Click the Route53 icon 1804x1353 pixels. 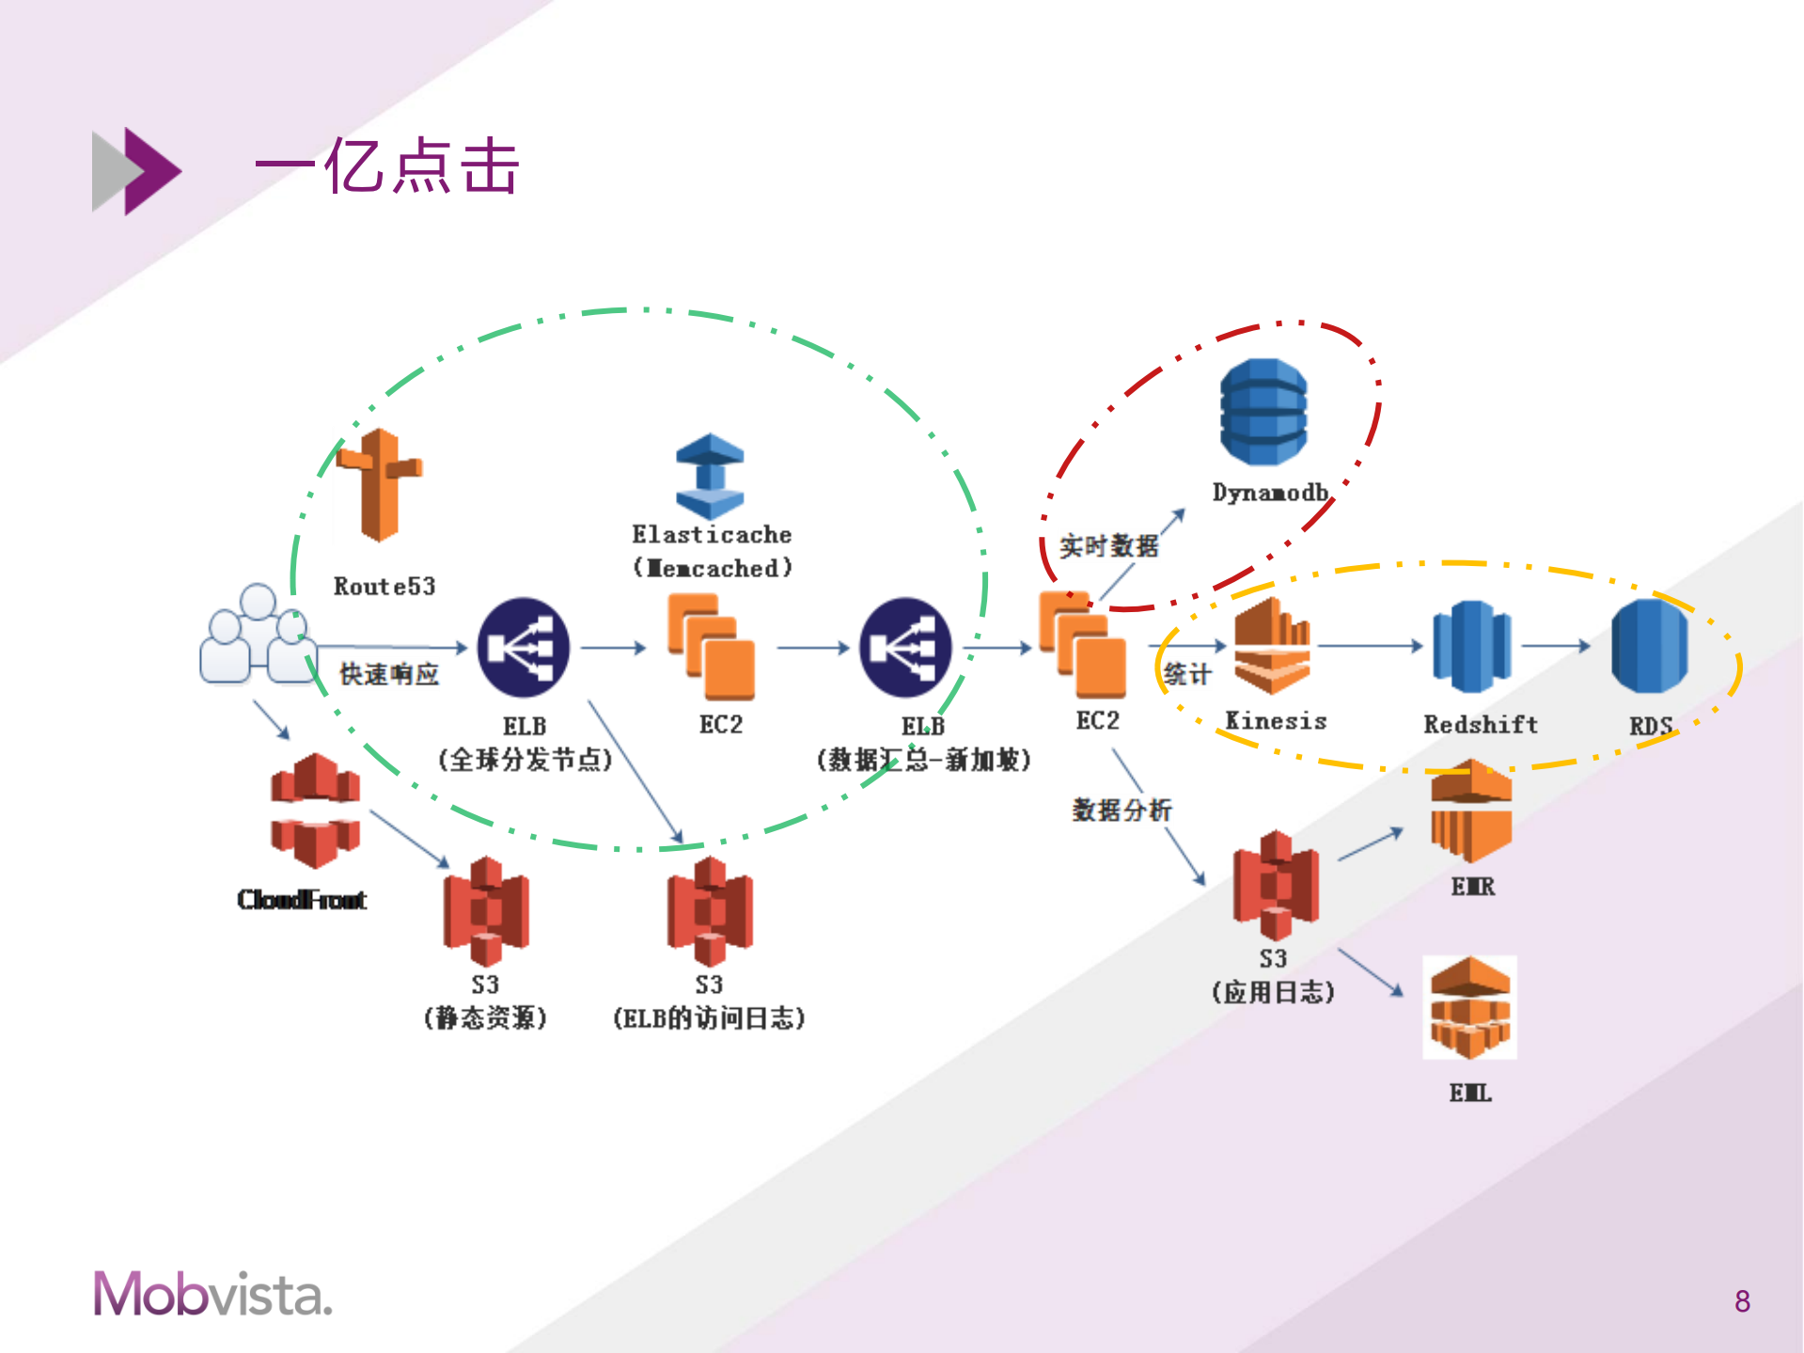tap(379, 485)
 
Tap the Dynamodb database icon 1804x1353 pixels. tap(1263, 412)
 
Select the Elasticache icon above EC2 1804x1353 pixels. tap(710, 476)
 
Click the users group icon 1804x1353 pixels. tap(257, 635)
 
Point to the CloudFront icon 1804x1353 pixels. tap(315, 810)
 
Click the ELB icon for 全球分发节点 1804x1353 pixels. tap(524, 648)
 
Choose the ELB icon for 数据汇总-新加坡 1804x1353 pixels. tap(905, 648)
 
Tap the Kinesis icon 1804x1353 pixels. tap(1272, 647)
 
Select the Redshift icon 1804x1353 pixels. tap(1471, 647)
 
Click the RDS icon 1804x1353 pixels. tap(1649, 647)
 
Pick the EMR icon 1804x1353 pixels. tap(1471, 810)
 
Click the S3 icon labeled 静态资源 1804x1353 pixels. tap(486, 911)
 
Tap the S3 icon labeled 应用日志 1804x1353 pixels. tap(1276, 885)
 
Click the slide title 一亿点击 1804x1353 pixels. tap(386, 167)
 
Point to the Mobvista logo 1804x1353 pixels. tap(212, 1294)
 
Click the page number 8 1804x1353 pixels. tap(1742, 1301)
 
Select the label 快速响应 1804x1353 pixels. tap(388, 674)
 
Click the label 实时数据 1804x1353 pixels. tap(1108, 546)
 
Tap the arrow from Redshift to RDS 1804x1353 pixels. tap(1555, 646)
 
